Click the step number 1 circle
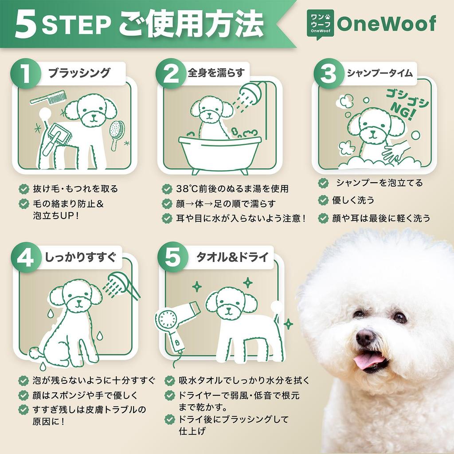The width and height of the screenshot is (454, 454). point(26,74)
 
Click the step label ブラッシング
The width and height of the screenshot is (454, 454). point(79,73)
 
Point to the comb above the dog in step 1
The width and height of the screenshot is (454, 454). point(48,97)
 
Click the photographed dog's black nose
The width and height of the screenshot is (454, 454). point(365,337)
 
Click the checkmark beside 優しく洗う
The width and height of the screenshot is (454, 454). point(323,200)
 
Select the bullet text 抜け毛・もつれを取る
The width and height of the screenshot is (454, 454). point(75,189)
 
